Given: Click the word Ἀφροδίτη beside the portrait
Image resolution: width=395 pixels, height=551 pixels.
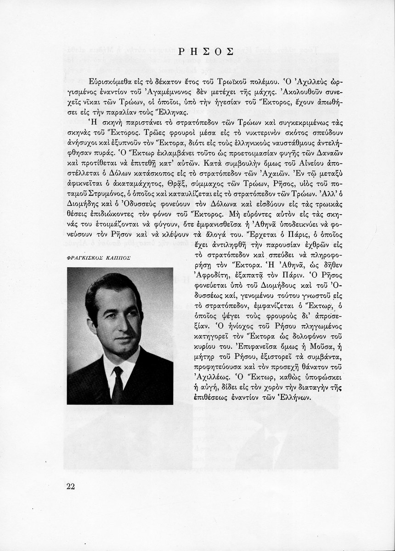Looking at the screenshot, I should [207, 276].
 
